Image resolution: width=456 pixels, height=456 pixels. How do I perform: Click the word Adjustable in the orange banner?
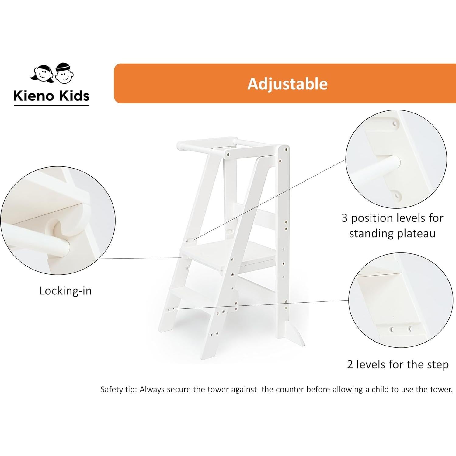pos(287,84)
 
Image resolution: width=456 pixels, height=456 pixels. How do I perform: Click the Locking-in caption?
pos(65,291)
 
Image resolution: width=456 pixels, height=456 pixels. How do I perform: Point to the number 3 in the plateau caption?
pos(344,218)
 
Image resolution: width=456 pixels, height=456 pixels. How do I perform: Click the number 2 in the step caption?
pos(350,364)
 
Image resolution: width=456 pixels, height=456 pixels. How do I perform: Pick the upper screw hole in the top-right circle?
pos(395,124)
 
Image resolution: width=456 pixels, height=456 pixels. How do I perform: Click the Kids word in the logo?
pos(74,96)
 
